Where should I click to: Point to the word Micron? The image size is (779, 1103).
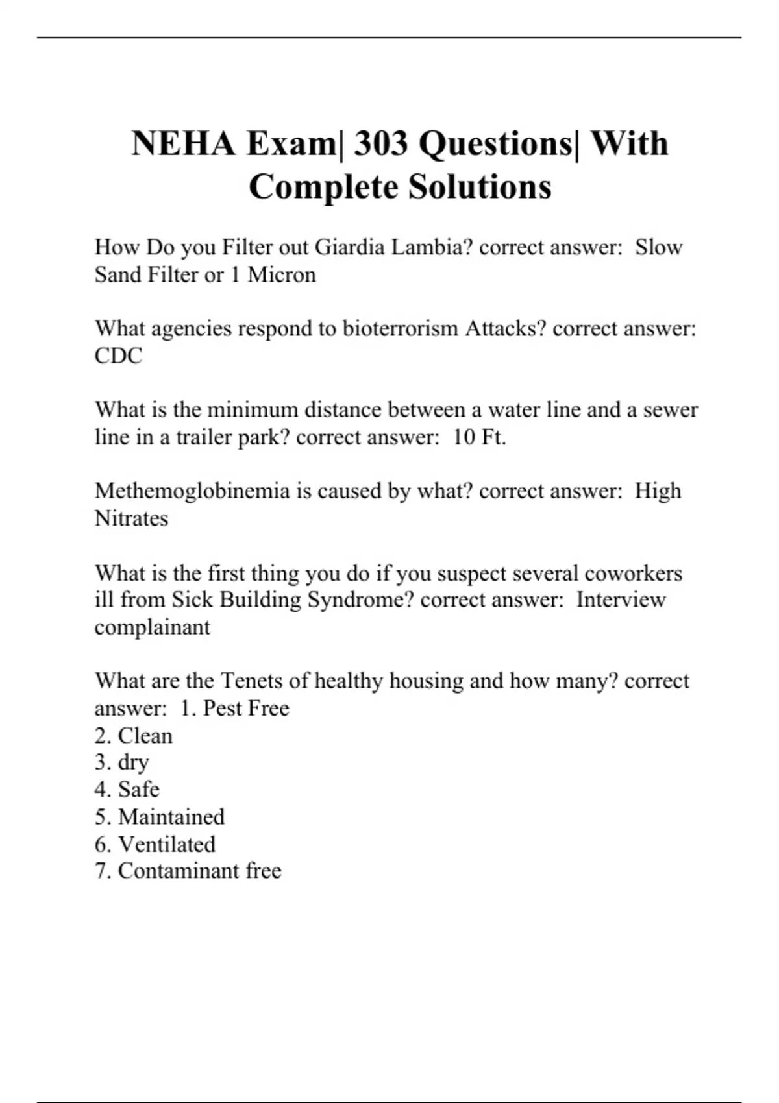[x=282, y=275]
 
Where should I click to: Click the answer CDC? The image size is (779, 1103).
[x=118, y=356]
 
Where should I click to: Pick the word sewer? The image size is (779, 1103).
[x=670, y=410]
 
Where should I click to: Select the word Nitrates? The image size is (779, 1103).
[x=131, y=518]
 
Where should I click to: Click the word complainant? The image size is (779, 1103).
[x=152, y=627]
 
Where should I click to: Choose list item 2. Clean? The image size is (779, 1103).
[x=134, y=736]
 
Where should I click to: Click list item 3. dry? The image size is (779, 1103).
[x=122, y=762]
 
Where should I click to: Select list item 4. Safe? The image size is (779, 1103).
[x=127, y=790]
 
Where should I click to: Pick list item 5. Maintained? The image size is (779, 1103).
[x=160, y=817]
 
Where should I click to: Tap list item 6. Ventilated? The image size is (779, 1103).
[x=155, y=844]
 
